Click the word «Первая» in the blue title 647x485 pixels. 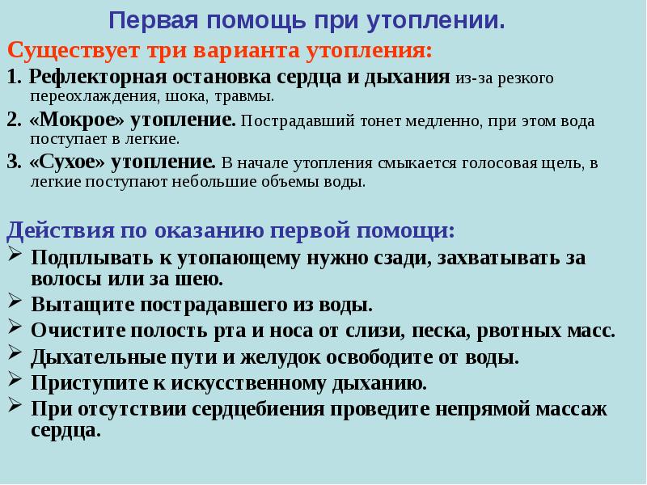coord(154,21)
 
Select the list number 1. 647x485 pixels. coord(14,77)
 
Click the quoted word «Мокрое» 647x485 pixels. coord(77,120)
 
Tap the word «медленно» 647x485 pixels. coord(444,121)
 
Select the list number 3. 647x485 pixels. coord(14,162)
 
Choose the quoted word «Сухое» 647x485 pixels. coord(67,162)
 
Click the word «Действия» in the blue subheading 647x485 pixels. coord(60,231)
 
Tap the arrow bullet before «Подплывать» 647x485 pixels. coord(15,254)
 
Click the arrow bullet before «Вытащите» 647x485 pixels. coord(15,301)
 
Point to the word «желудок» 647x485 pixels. coord(281,357)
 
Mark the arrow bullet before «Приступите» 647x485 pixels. coord(15,379)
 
